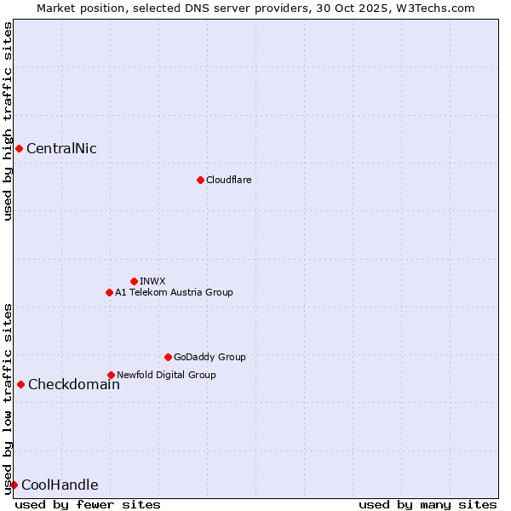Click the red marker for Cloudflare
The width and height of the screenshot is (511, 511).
click(200, 180)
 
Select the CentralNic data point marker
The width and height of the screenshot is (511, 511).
click(19, 149)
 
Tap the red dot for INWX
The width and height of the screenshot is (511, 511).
click(134, 281)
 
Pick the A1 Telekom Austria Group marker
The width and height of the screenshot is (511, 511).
click(109, 292)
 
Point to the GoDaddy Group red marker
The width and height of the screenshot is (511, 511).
click(168, 357)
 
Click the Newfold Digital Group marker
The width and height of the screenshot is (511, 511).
click(111, 375)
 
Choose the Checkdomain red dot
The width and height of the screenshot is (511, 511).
click(20, 384)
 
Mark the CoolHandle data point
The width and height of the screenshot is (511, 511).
click(14, 485)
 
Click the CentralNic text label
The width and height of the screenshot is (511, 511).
click(61, 149)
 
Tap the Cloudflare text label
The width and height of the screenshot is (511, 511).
click(228, 180)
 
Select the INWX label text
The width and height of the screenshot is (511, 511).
click(152, 281)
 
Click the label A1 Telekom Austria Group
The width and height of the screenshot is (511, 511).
click(174, 292)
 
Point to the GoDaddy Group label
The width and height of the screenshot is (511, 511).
click(210, 357)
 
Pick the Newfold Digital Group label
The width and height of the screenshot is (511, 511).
click(166, 375)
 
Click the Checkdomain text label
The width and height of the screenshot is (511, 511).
click(73, 384)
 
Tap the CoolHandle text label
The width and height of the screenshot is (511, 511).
click(60, 485)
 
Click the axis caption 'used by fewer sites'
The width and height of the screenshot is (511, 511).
click(88, 504)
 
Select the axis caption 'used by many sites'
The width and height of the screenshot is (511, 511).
click(428, 504)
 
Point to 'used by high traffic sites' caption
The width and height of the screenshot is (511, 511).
click(8, 121)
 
